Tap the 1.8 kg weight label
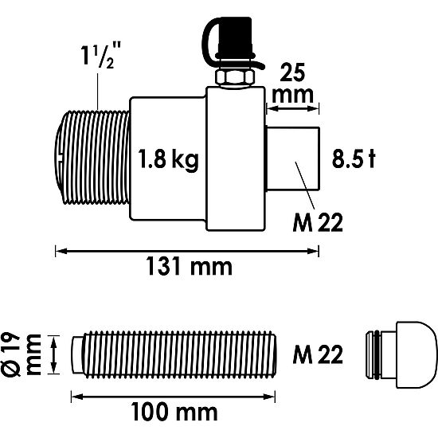point(168,159)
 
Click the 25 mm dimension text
point(294,83)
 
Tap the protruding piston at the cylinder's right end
point(294,159)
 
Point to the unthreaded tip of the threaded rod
point(77,353)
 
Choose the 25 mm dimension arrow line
point(293,104)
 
